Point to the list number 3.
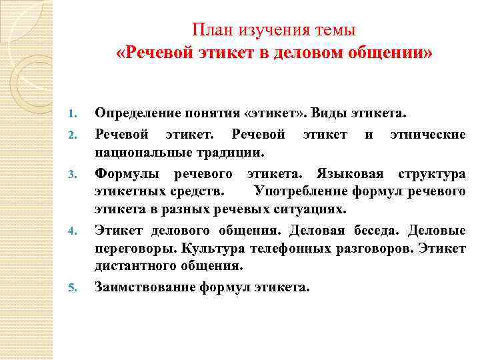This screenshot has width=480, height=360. tap(75, 175)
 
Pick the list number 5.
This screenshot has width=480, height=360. tap(75, 289)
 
